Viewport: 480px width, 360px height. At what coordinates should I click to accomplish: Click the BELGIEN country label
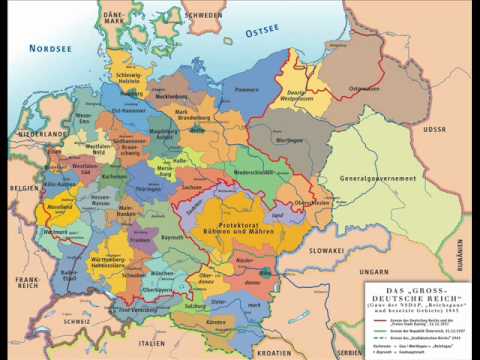click(22, 186)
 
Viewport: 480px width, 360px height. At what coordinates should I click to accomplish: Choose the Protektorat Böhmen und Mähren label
click(243, 220)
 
